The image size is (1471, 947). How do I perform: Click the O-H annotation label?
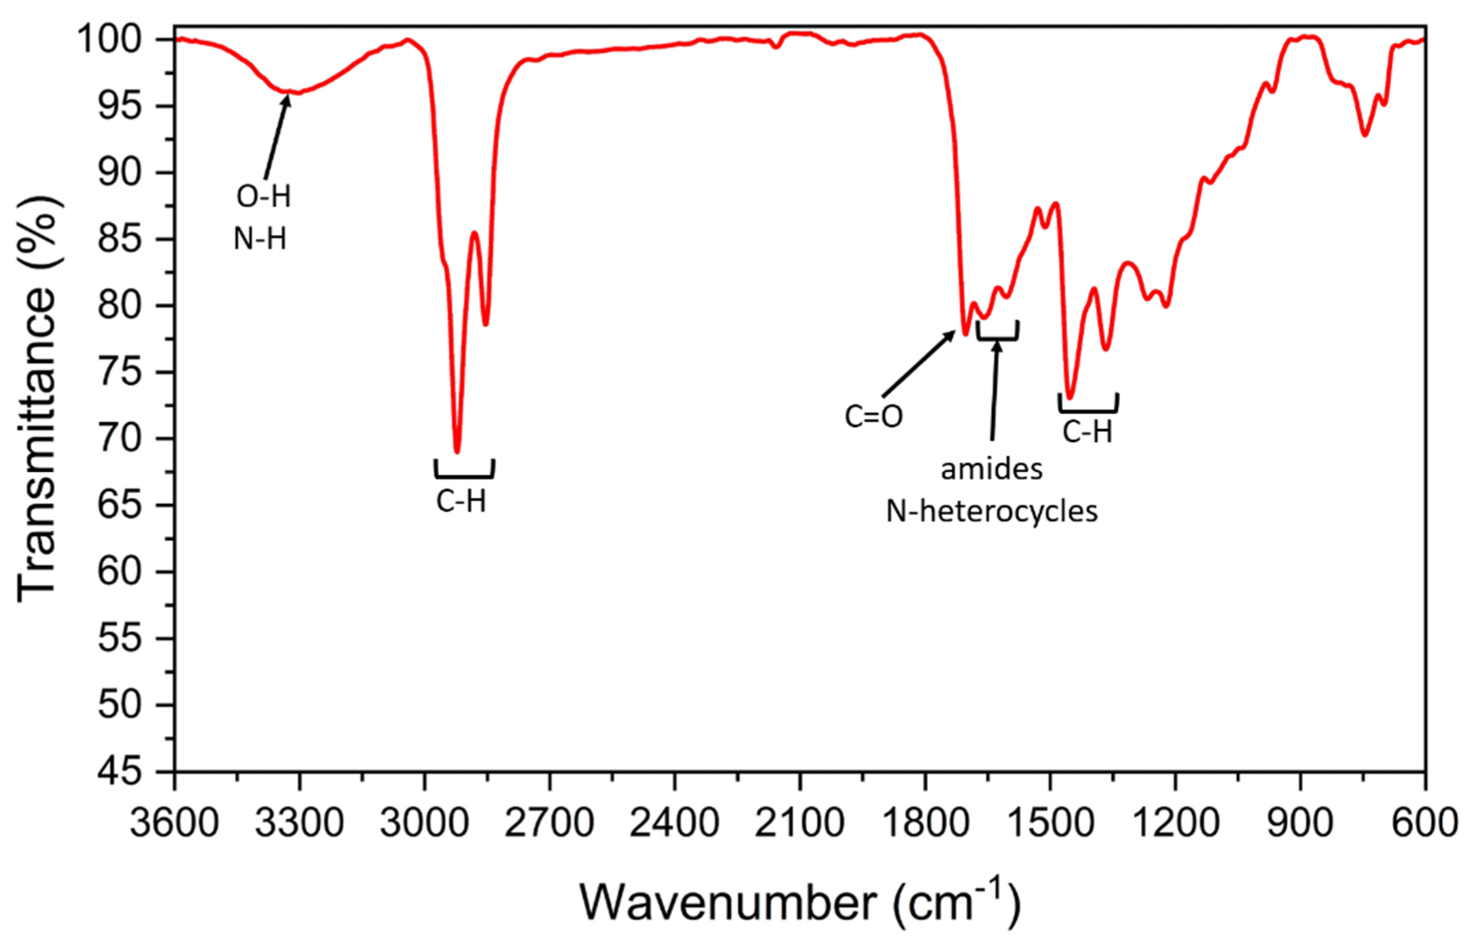(x=263, y=197)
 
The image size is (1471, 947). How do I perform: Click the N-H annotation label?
(x=260, y=238)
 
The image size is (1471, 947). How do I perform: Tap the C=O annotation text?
(x=873, y=417)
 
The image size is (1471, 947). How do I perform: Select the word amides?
(x=992, y=469)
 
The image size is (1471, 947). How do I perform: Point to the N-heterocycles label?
(x=991, y=511)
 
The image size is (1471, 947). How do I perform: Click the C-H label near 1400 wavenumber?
(x=1087, y=432)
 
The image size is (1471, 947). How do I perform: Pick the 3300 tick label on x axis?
(x=299, y=823)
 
